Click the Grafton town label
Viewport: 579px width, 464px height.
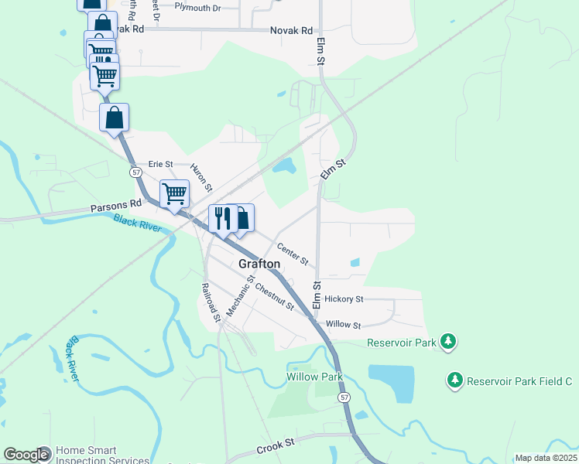pos(259,264)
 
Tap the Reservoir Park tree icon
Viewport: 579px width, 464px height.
pos(447,341)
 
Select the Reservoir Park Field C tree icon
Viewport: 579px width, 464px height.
pos(455,380)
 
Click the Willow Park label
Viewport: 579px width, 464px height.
pos(314,377)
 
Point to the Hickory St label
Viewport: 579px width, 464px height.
pos(344,299)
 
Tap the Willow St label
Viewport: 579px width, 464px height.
pos(344,326)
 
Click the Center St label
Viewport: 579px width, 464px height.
pos(293,253)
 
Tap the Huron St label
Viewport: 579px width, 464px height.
pos(202,176)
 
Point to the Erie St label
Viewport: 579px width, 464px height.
pos(160,164)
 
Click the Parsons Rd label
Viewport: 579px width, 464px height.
pos(116,206)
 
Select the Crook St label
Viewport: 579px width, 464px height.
pos(276,444)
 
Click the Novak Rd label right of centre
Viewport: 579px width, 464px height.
pos(291,31)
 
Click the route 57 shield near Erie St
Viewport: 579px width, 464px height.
pos(136,172)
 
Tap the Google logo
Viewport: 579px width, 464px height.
pos(26,455)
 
